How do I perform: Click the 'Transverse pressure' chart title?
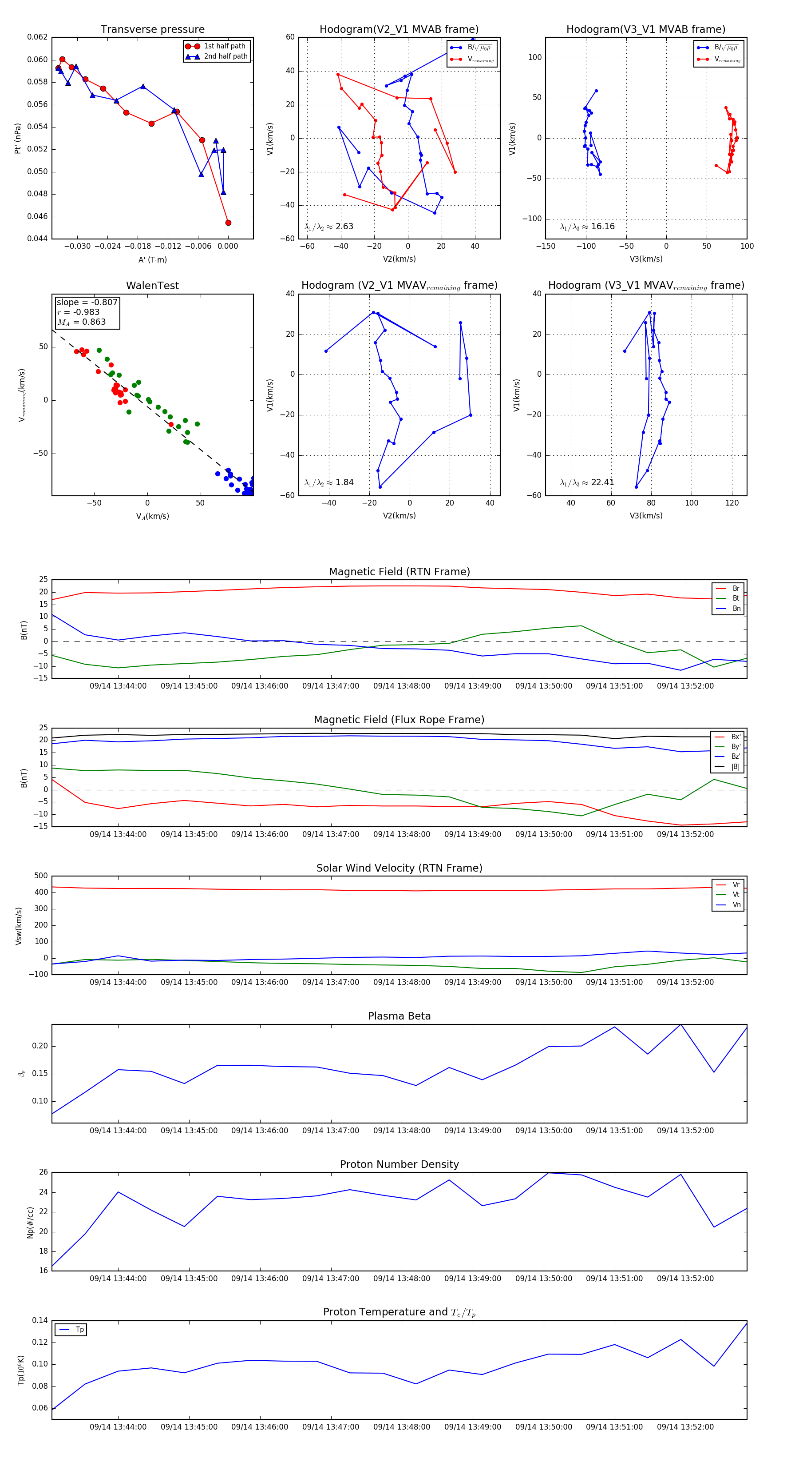click(x=152, y=30)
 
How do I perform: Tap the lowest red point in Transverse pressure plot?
click(x=228, y=223)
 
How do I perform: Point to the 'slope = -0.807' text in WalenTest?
click(x=87, y=302)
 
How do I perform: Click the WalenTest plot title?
click(x=152, y=286)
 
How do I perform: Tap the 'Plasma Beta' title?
click(x=399, y=1016)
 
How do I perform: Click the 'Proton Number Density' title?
click(x=399, y=1164)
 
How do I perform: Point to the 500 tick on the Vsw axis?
click(x=41, y=876)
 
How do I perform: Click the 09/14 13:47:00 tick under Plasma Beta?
click(x=330, y=1130)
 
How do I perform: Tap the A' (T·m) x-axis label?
click(x=152, y=259)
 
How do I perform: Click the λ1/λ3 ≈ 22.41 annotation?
click(x=587, y=482)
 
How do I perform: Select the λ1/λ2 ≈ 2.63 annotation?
click(x=328, y=227)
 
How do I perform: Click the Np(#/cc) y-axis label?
click(x=30, y=1223)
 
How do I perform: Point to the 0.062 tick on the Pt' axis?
click(x=38, y=37)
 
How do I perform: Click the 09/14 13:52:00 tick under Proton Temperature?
click(x=685, y=1427)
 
